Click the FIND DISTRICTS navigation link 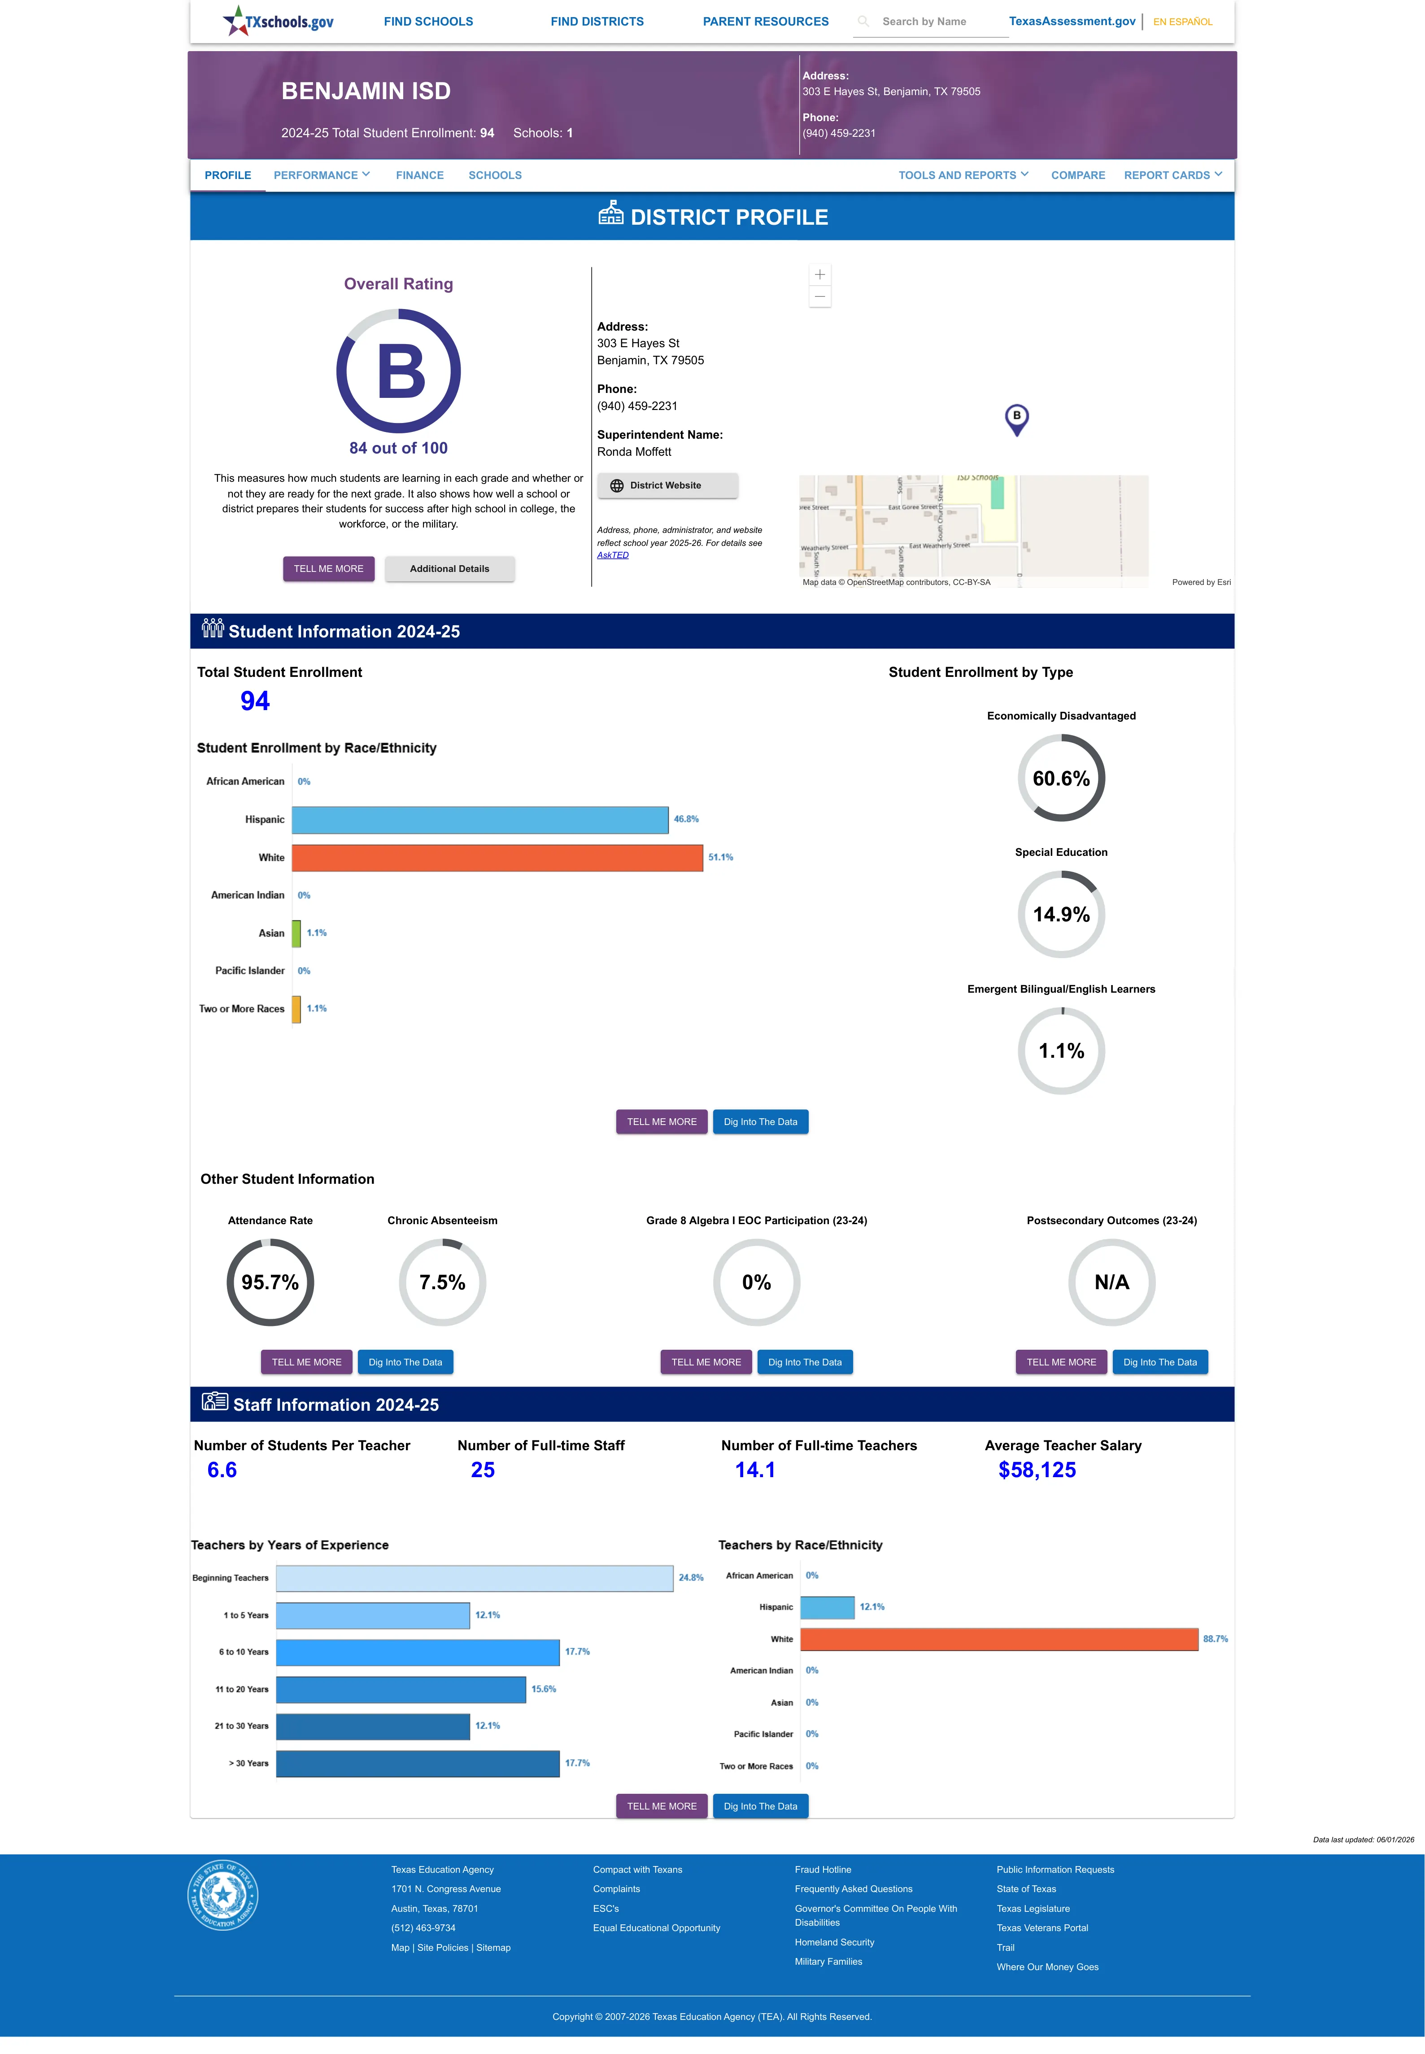pyautogui.click(x=597, y=22)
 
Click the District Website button pyautogui.click(x=667, y=486)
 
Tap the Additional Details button pyautogui.click(x=449, y=569)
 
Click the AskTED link pyautogui.click(x=613, y=555)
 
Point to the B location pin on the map pyautogui.click(x=1016, y=419)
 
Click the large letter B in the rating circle pyautogui.click(x=401, y=371)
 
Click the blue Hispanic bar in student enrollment pyautogui.click(x=479, y=820)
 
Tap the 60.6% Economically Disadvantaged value pyautogui.click(x=1061, y=778)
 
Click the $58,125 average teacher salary pyautogui.click(x=1037, y=1470)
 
